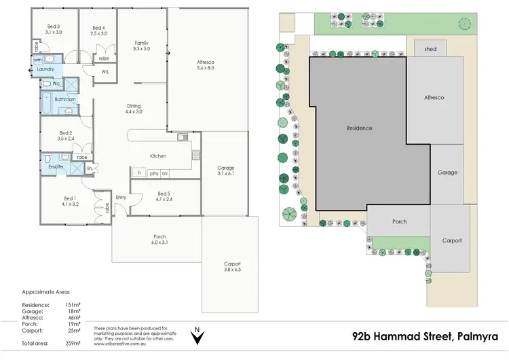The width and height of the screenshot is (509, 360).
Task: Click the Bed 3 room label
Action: pyautogui.click(x=54, y=26)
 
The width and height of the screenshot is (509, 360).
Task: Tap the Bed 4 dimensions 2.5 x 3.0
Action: pyautogui.click(x=98, y=33)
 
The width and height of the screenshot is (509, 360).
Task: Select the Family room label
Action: pyautogui.click(x=141, y=43)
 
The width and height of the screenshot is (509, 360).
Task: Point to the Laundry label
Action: pyautogui.click(x=45, y=69)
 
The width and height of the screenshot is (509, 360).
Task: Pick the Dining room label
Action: pyautogui.click(x=133, y=105)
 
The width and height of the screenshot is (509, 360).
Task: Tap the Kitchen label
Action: pyautogui.click(x=158, y=156)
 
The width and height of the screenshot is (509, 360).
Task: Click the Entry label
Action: pyautogui.click(x=121, y=197)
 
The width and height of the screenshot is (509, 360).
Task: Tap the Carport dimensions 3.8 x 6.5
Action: pyautogui.click(x=232, y=270)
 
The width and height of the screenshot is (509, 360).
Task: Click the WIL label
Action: pyautogui.click(x=105, y=71)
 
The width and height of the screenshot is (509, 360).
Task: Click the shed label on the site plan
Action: pyautogui.click(x=430, y=49)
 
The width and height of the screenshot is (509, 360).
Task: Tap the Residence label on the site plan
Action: pyautogui.click(x=359, y=128)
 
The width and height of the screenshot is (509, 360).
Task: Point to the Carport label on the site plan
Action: pyautogui.click(x=452, y=240)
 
